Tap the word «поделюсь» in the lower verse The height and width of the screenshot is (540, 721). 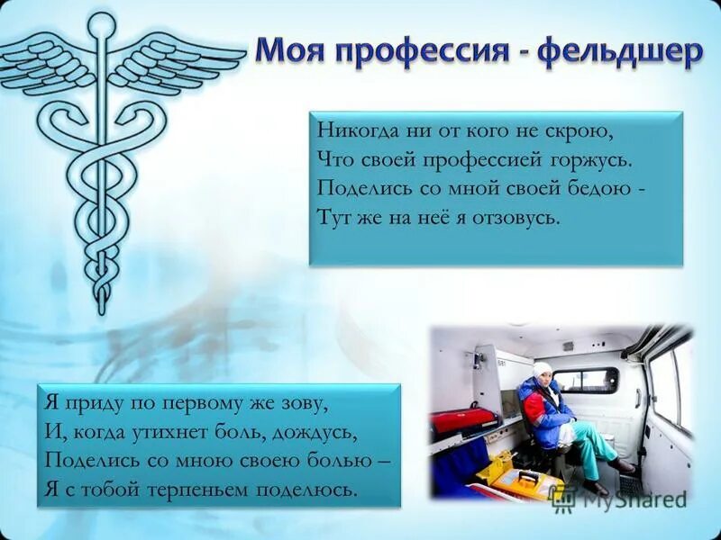318,490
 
